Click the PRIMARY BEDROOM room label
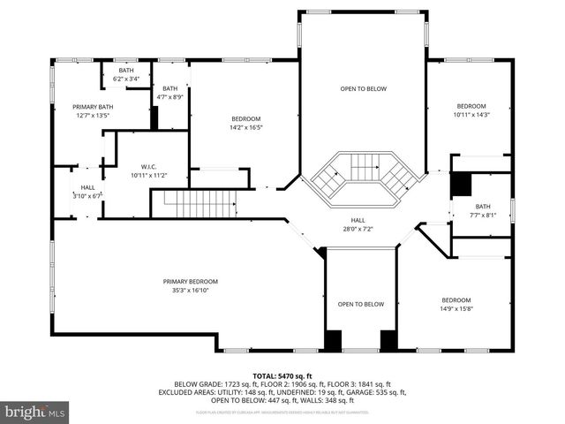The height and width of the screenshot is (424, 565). (x=190, y=282)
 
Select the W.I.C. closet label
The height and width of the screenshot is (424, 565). (x=148, y=167)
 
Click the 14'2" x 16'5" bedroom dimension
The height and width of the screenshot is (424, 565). (x=246, y=128)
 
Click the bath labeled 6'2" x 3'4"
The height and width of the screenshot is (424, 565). (x=126, y=79)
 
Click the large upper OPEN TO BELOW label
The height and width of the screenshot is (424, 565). (x=364, y=88)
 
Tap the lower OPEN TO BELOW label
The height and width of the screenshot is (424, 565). (x=361, y=304)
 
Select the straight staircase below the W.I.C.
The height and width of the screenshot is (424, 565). (x=202, y=206)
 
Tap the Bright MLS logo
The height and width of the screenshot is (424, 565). (x=35, y=412)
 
